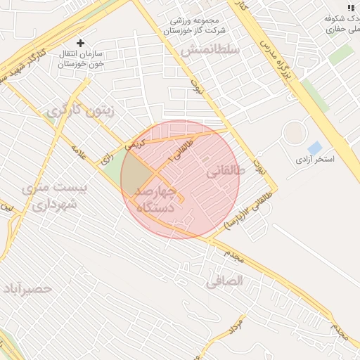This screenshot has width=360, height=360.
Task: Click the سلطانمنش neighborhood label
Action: click(x=210, y=50)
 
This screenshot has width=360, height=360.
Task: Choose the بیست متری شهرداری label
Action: click(x=53, y=197)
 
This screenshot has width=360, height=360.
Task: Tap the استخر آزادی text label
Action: click(x=314, y=160)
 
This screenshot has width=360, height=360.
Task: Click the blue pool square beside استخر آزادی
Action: click(x=314, y=148)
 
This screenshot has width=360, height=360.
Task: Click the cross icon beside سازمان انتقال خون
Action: click(x=81, y=43)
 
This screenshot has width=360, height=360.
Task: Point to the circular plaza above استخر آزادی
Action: click(x=294, y=131)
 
